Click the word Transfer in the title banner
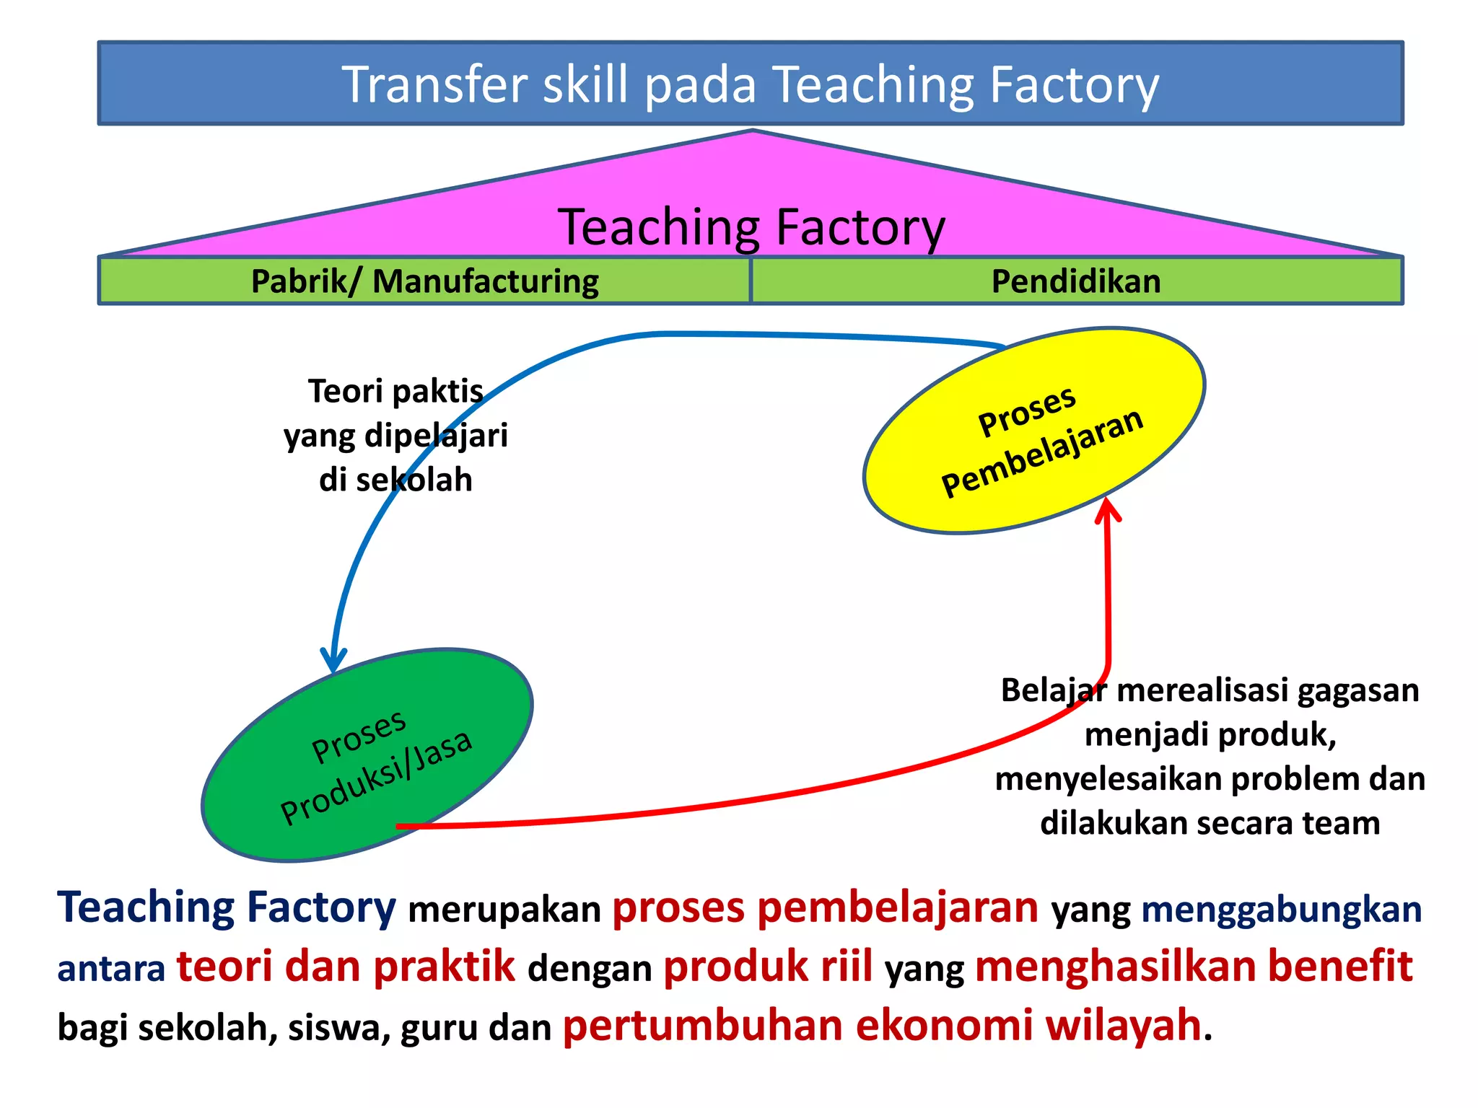pos(435,85)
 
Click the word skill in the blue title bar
pos(585,85)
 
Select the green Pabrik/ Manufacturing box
pos(424,281)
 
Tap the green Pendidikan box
pos(1076,281)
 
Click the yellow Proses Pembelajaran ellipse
pos(1034,431)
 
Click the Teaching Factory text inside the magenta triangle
pos(751,227)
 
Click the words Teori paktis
pos(395,392)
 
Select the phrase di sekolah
pos(395,480)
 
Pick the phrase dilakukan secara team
pos(1210,823)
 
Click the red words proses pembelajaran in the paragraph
pos(825,907)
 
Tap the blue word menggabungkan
pos(1281,910)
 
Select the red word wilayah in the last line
pos(1123,1026)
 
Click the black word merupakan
pos(504,910)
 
